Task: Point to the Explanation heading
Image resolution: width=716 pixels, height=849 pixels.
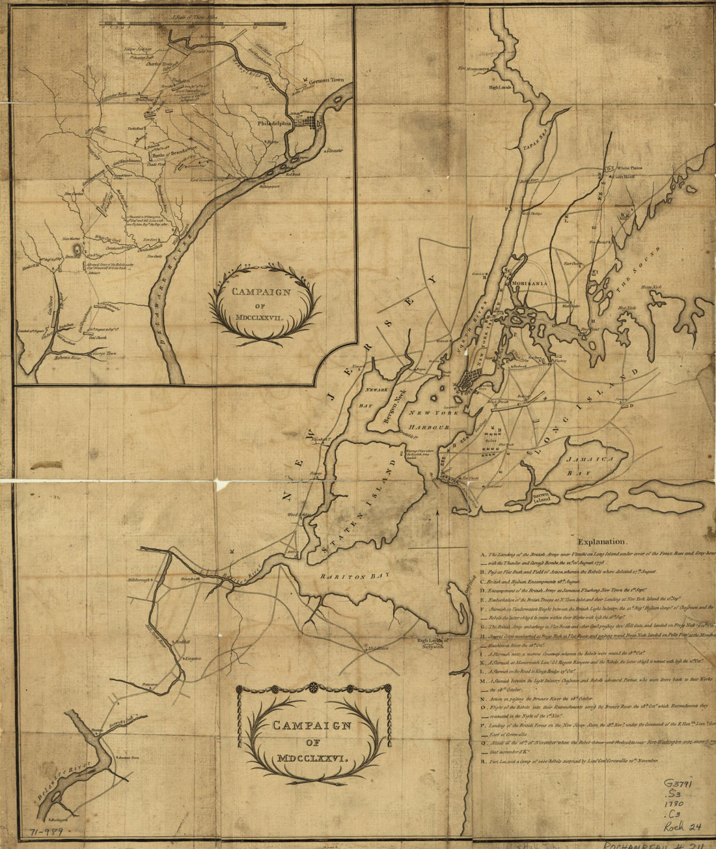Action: click(x=602, y=541)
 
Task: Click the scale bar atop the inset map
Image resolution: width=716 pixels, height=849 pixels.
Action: click(x=193, y=26)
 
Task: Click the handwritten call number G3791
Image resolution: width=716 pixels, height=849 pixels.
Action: click(x=678, y=785)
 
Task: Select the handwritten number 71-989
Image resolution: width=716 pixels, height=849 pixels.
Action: click(x=48, y=833)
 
